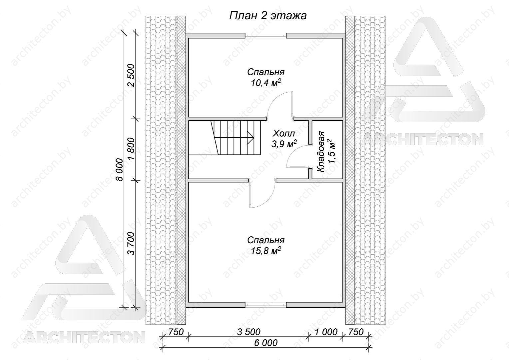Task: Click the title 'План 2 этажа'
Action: pyautogui.click(x=268, y=16)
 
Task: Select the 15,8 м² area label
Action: pyautogui.click(x=265, y=251)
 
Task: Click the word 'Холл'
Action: pyautogui.click(x=284, y=133)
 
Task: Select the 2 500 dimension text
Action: pyautogui.click(x=131, y=76)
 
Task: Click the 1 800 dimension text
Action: pyautogui.click(x=131, y=149)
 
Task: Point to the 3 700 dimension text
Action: pyautogui.click(x=131, y=244)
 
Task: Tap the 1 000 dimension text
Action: pyautogui.click(x=326, y=332)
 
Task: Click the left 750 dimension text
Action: pyautogui.click(x=176, y=332)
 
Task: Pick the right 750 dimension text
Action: pyautogui.click(x=356, y=332)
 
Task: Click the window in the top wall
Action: pyautogui.click(x=265, y=35)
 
